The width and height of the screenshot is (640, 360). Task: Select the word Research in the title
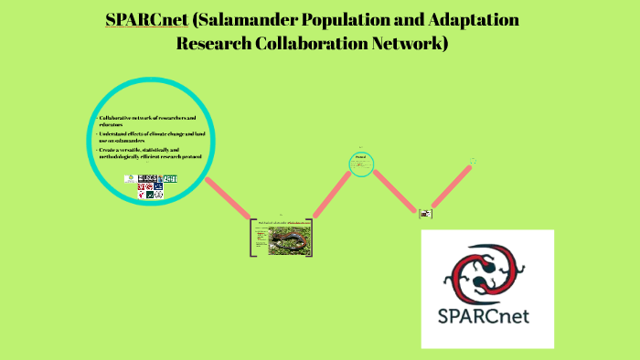pos(213,43)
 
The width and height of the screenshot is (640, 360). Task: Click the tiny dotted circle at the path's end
pos(474,161)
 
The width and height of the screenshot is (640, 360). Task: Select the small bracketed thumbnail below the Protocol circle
pos(425,213)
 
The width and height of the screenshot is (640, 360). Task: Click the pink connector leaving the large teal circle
pos(228,200)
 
